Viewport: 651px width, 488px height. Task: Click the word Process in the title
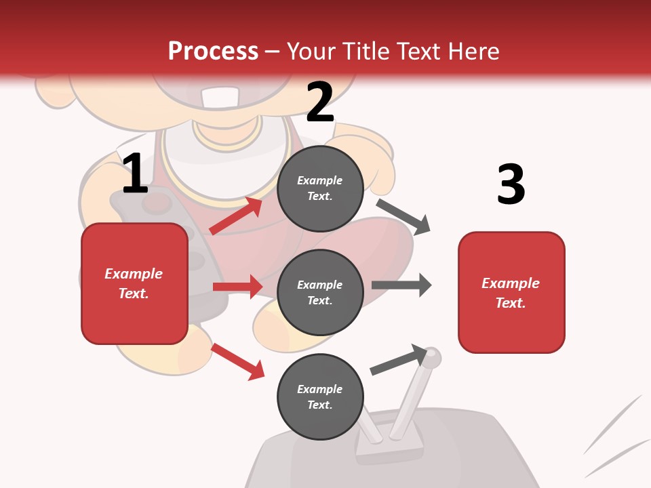pos(213,51)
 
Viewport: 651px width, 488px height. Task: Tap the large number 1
pos(135,174)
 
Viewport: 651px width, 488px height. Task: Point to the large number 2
pos(320,102)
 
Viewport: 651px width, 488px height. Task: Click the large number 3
pos(511,184)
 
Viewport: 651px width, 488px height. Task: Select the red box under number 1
pos(134,283)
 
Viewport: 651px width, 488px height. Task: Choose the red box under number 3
pos(511,292)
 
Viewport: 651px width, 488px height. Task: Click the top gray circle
pos(320,188)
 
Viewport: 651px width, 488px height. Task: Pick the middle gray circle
pos(320,292)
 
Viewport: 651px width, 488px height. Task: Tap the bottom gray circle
pos(320,396)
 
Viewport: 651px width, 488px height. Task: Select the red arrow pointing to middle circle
pos(237,287)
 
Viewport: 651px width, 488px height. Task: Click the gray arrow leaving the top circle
pos(403,216)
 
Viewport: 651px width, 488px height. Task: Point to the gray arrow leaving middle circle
pos(401,285)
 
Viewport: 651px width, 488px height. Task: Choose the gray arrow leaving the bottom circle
pos(399,360)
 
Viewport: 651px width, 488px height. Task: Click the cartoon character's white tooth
pos(219,98)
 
